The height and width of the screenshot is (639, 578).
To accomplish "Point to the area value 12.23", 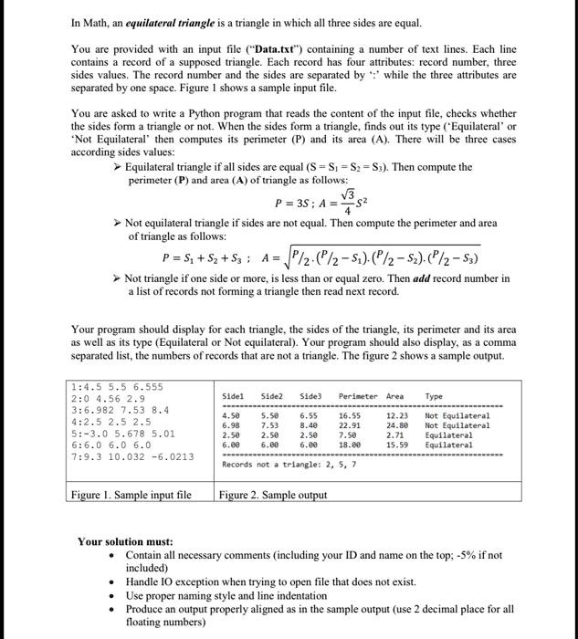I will [396, 416].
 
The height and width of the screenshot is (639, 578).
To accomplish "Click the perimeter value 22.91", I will [351, 425].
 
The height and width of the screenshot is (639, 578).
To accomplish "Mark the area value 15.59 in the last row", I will [396, 445].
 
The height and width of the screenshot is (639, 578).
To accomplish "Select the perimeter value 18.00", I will [351, 445].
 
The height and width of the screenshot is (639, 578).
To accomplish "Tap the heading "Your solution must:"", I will [125, 541].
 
